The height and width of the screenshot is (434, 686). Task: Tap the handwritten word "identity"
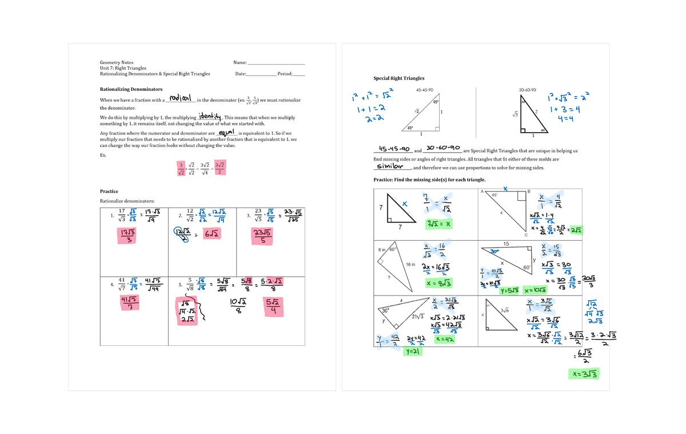[209, 115]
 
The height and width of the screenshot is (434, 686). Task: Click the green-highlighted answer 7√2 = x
[437, 224]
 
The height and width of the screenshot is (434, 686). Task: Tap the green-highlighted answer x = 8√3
[440, 282]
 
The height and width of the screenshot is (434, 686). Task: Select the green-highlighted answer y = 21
[412, 352]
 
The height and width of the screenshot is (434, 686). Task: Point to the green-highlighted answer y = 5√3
[509, 290]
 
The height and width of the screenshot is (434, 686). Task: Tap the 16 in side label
[410, 264]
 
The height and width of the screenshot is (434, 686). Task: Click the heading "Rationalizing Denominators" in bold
[131, 89]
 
